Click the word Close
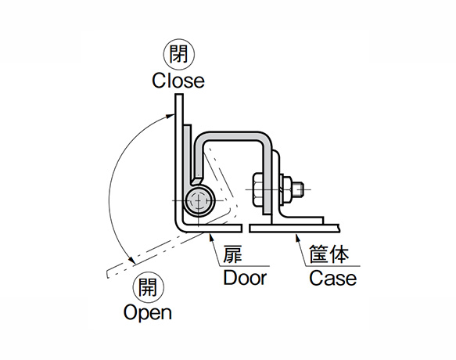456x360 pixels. (178, 80)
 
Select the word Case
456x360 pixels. (332, 278)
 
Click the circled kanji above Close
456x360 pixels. (178, 56)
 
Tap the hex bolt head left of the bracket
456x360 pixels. (257, 189)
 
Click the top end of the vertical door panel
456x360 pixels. (179, 95)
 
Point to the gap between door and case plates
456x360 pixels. (246, 229)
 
